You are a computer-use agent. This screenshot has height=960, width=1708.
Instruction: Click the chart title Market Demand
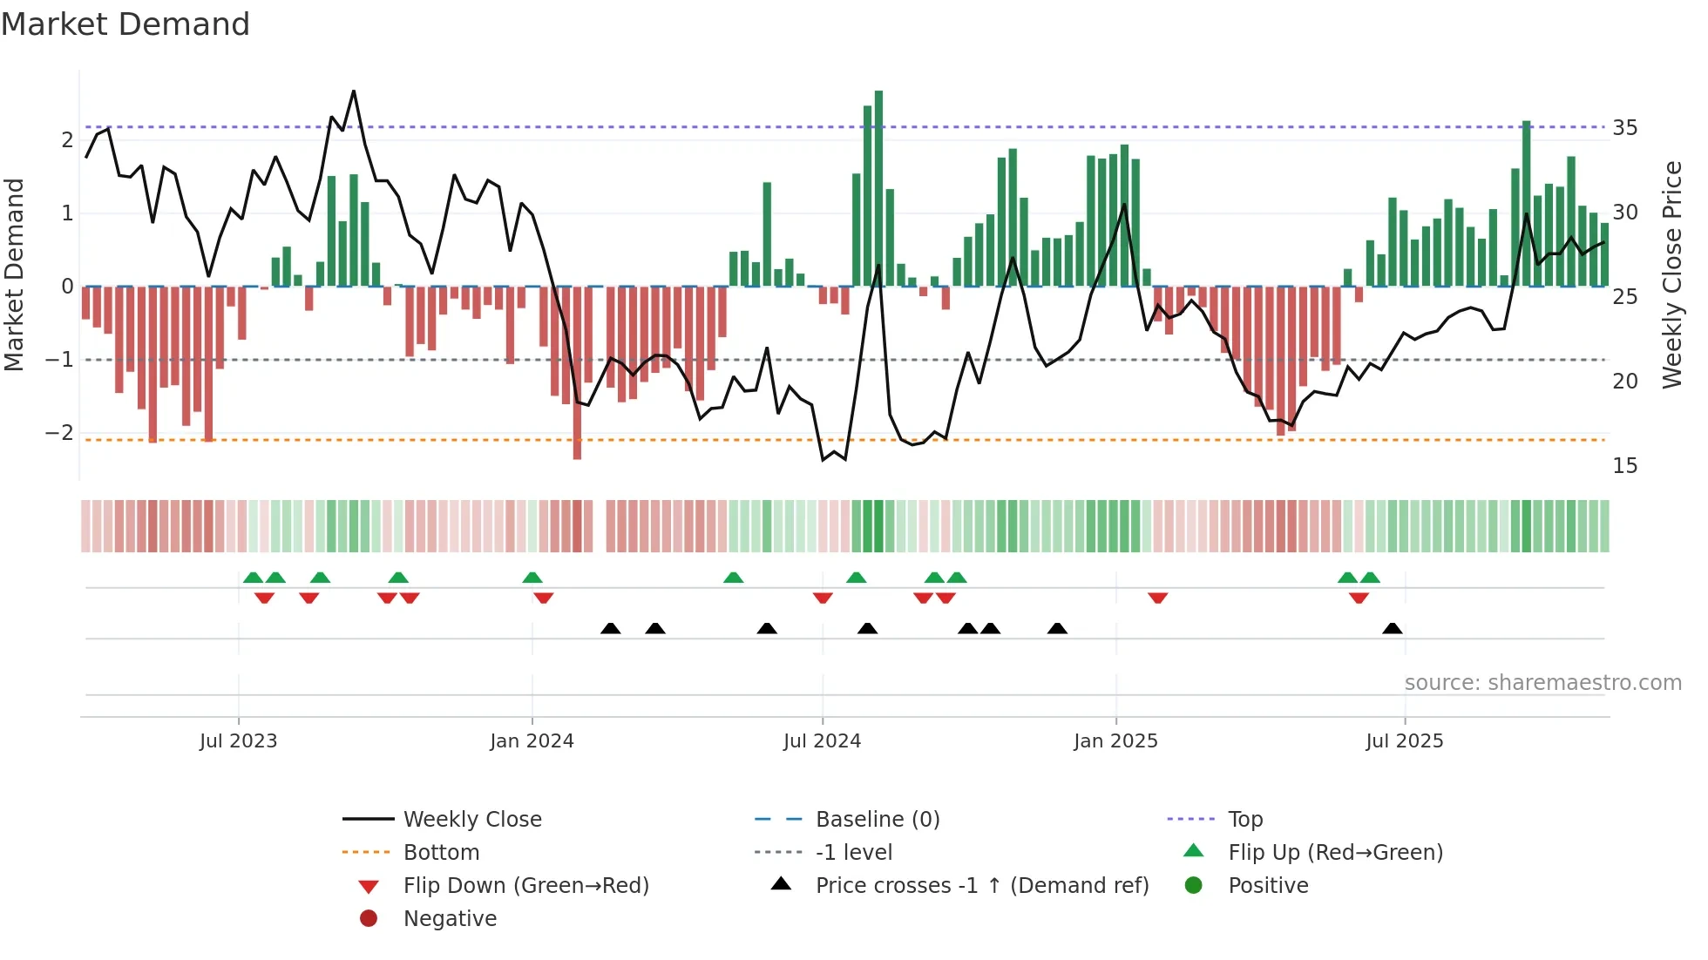[x=125, y=24]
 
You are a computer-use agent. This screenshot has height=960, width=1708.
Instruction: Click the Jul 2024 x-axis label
[x=821, y=741]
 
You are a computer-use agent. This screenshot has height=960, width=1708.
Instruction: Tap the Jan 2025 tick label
[x=1115, y=741]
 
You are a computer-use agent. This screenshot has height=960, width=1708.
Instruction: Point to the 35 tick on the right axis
[x=1624, y=128]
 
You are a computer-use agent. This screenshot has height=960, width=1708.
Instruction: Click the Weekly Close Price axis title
[x=1671, y=274]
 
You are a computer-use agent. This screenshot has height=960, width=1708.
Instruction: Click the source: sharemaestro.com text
[x=1542, y=683]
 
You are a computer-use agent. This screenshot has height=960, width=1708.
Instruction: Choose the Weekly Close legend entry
[x=471, y=820]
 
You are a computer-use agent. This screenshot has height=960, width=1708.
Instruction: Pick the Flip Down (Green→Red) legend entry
[x=525, y=886]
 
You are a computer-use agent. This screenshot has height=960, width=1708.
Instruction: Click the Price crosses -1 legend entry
[x=981, y=886]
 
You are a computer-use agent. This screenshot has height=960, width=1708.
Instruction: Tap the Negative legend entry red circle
[x=369, y=919]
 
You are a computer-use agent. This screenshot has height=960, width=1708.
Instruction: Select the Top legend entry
[x=1244, y=820]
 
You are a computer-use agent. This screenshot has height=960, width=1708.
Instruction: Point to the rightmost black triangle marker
[x=1393, y=629]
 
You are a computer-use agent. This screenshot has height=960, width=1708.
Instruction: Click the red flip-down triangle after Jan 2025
[x=1157, y=598]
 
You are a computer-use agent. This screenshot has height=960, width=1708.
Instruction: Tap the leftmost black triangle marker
[x=611, y=629]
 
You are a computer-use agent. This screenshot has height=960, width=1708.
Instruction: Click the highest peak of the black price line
[x=354, y=91]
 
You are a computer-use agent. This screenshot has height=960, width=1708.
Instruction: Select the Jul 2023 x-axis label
[x=238, y=741]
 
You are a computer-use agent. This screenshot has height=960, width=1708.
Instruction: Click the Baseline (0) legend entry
[x=877, y=820]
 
